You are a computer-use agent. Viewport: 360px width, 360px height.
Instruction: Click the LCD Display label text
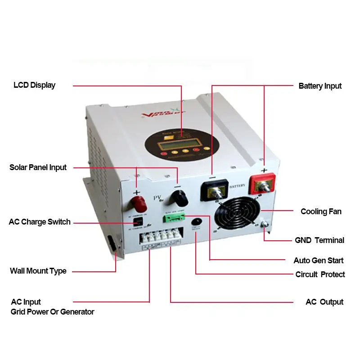click(34, 85)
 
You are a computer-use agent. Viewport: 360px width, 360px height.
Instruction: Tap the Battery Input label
click(320, 86)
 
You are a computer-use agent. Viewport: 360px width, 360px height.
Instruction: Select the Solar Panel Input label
click(38, 167)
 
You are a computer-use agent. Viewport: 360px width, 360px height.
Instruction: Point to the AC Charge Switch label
click(40, 222)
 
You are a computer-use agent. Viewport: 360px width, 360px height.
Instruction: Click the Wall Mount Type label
click(38, 271)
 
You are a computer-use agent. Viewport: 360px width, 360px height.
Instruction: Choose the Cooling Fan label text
click(321, 211)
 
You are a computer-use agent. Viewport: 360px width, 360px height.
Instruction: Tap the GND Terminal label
click(319, 240)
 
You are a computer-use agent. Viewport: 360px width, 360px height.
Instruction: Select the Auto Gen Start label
click(318, 261)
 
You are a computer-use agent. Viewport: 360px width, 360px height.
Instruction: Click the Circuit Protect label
click(320, 274)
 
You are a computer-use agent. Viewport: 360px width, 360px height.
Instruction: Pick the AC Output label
click(324, 302)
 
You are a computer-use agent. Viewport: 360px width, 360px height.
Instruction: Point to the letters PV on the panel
click(157, 197)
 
